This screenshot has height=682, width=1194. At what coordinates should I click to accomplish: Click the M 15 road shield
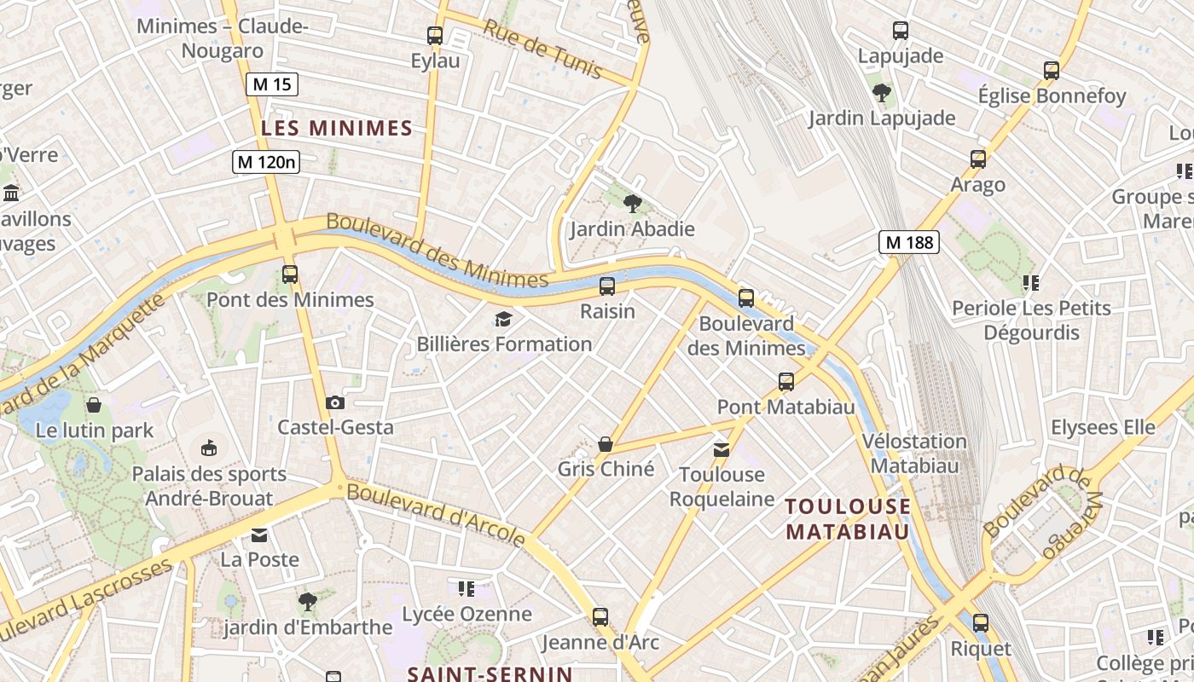tap(272, 84)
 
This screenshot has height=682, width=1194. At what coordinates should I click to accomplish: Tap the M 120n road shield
tap(266, 161)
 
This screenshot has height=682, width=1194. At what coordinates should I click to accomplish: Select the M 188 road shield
tap(909, 242)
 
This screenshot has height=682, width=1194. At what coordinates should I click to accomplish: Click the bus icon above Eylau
tap(435, 36)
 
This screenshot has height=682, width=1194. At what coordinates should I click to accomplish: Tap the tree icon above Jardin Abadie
tap(632, 203)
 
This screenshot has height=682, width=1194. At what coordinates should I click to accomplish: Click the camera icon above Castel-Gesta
tap(335, 402)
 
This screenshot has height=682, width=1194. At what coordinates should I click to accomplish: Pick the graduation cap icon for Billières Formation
tap(503, 320)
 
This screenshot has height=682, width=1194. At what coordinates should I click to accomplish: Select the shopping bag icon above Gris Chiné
tap(606, 444)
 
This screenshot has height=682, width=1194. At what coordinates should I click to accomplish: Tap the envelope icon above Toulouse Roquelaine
tap(722, 449)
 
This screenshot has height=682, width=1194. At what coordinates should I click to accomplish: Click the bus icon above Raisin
tap(607, 286)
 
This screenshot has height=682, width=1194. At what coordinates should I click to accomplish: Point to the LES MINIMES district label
tap(337, 129)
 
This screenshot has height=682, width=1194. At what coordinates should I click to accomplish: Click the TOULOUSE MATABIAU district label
tap(848, 519)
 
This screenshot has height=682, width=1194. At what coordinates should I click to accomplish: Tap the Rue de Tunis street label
tap(543, 49)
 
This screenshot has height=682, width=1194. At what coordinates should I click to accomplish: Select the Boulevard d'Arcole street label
tap(436, 514)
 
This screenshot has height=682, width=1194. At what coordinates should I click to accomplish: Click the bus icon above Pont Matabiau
tap(785, 382)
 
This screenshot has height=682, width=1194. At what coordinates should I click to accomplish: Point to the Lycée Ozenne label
tap(467, 614)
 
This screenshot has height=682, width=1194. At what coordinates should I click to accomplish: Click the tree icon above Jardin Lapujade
tap(881, 92)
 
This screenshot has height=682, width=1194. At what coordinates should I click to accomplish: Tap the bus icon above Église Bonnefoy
tap(1052, 71)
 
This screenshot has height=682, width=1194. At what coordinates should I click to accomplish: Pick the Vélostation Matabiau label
tap(914, 454)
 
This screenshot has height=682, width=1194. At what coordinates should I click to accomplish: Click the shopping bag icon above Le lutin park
tap(94, 404)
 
